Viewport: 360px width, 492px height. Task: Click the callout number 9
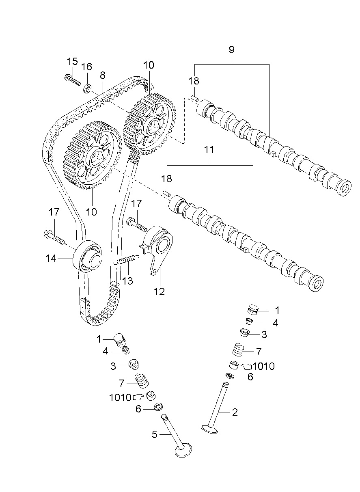click(x=231, y=50)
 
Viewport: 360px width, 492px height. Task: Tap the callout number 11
click(x=209, y=150)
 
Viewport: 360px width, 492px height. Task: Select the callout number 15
click(x=72, y=62)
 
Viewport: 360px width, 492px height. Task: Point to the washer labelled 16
click(x=87, y=88)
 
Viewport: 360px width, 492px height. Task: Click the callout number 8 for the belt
click(x=102, y=75)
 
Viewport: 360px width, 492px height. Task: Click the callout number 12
click(x=159, y=291)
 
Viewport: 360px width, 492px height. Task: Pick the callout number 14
click(x=51, y=258)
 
